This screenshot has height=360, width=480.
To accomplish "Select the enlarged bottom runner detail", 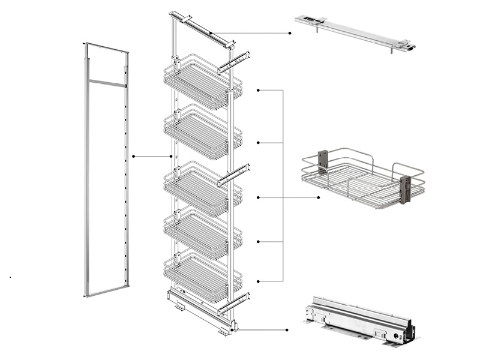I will pos(360,321).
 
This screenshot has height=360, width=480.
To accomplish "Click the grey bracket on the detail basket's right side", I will pos(404,188).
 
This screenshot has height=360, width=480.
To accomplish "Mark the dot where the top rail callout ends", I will pos(290,33).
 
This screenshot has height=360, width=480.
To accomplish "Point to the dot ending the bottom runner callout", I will pos(287,329).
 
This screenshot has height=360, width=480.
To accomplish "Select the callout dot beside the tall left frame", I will pos(133,156).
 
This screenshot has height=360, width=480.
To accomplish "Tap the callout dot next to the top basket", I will pos(257,91).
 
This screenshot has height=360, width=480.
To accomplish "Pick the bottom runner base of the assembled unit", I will pos(201,309).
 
